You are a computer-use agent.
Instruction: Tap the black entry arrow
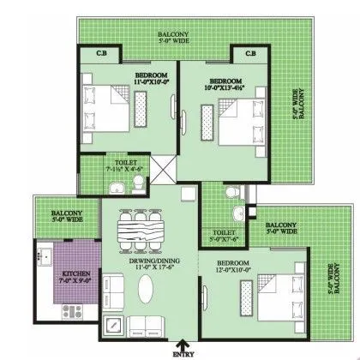pyautogui.click(x=177, y=340)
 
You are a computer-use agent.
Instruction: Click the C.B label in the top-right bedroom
pyautogui.click(x=250, y=56)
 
